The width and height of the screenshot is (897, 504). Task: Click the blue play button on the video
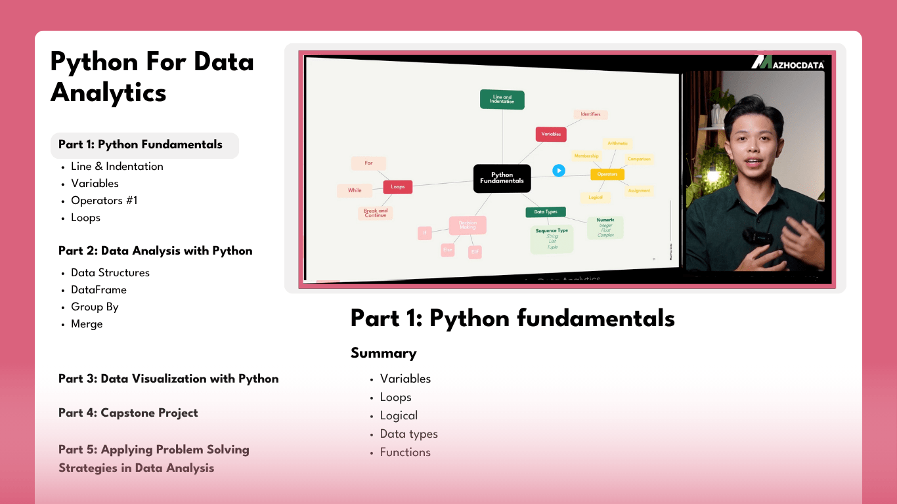[558, 171]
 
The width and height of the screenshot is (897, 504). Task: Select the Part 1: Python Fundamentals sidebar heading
[141, 145]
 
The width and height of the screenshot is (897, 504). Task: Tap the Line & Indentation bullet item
[117, 167]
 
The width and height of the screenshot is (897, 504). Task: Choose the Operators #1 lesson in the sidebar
[104, 201]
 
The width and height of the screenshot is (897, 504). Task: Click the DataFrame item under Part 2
[98, 290]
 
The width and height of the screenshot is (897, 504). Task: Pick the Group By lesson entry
[95, 307]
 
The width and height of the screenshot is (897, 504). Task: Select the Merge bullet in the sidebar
[87, 324]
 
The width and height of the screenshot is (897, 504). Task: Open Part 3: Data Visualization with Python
[168, 379]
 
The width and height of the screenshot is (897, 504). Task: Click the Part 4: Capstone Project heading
[128, 413]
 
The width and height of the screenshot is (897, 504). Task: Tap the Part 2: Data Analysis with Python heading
[155, 251]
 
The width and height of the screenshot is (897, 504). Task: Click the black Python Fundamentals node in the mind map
[502, 178]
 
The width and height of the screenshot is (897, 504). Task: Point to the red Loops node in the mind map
[398, 187]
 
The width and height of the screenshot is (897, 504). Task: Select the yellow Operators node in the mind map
[607, 175]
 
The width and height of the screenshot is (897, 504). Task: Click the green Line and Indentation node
[502, 99]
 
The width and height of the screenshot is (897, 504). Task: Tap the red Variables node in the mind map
[550, 134]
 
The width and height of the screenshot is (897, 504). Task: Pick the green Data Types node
[546, 212]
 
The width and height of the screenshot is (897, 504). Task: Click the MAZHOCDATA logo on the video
[787, 62]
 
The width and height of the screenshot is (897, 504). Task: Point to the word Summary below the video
[383, 353]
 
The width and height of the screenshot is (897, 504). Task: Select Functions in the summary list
[405, 452]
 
